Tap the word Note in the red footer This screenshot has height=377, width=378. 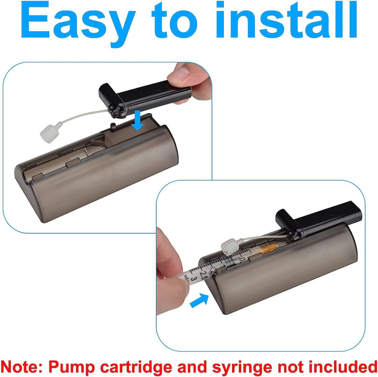point(21,367)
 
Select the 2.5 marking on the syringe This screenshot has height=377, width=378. point(203,275)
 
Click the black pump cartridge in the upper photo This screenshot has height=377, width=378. point(145,98)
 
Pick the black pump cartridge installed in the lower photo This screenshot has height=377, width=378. point(318,221)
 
